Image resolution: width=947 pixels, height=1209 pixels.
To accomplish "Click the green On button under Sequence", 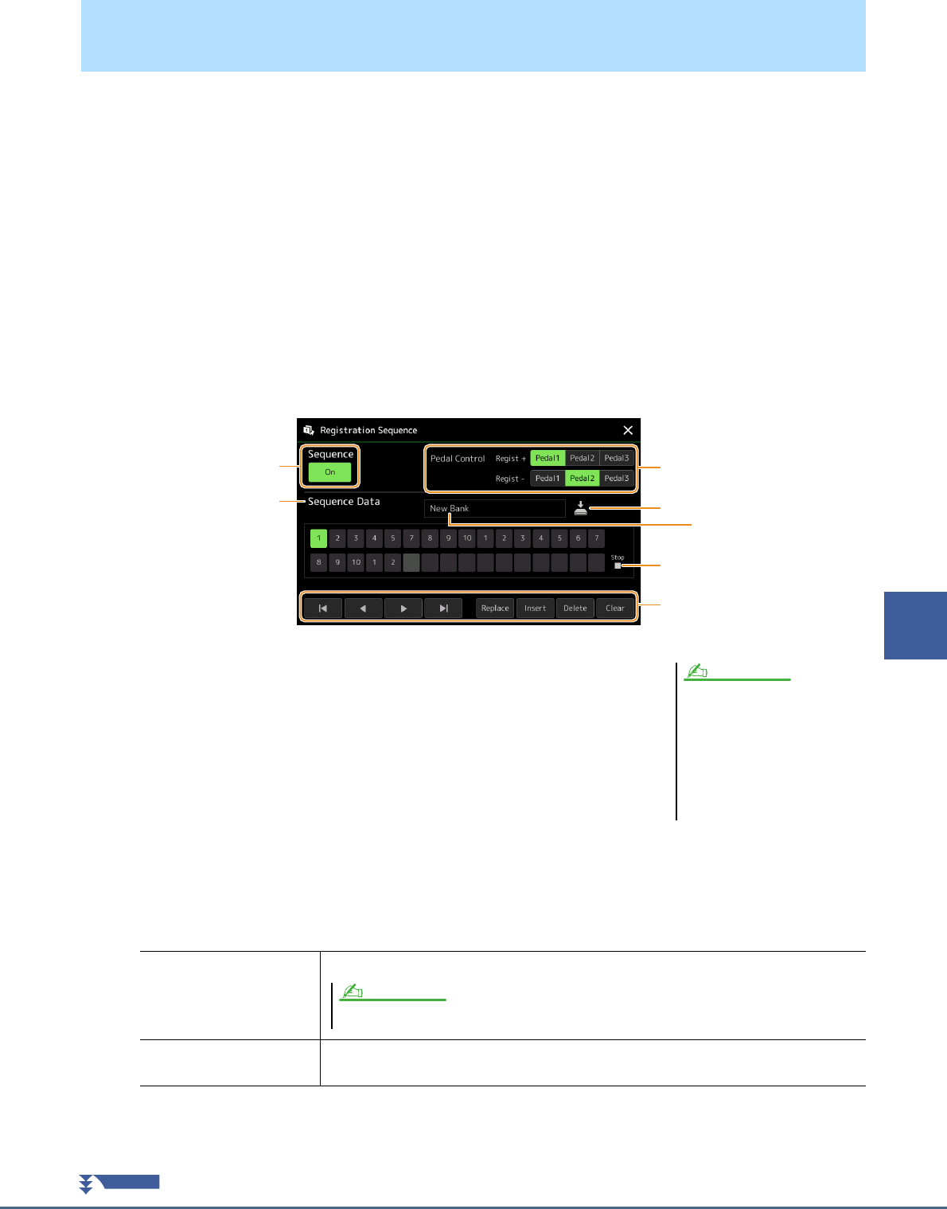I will (329, 472).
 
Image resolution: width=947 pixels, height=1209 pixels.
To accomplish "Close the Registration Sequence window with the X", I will (628, 430).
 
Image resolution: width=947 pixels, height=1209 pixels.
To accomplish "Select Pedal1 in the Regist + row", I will (548, 458).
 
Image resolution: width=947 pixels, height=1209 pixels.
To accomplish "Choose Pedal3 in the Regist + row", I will (617, 458).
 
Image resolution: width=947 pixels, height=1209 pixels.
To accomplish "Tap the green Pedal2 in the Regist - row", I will (582, 479).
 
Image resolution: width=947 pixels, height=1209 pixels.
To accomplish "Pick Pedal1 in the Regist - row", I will (548, 479).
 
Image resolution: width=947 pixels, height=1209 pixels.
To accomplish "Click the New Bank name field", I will (494, 508).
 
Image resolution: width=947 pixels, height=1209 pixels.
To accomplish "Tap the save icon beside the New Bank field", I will (581, 507).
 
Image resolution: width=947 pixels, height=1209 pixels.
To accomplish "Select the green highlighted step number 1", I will (318, 538).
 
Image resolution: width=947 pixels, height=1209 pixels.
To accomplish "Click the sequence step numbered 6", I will (578, 538).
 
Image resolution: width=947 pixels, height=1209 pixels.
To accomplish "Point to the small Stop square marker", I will (618, 565).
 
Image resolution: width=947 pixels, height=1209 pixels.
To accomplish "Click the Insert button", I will (535, 608).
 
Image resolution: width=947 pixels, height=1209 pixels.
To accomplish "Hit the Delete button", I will (575, 608).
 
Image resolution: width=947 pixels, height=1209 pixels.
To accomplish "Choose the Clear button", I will (615, 608).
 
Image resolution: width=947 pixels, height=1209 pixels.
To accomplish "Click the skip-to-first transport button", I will (323, 608).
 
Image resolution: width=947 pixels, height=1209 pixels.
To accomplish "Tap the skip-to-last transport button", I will (443, 608).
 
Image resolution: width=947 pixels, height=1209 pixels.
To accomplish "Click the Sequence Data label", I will (344, 502).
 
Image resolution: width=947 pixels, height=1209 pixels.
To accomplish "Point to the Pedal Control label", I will (458, 459).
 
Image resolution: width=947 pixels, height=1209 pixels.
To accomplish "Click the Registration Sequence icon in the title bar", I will (308, 430).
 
